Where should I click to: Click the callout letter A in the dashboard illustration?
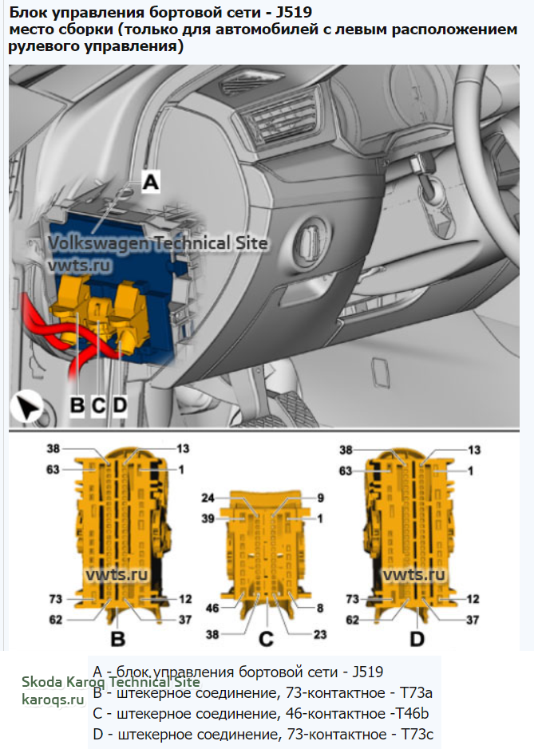pos(150,182)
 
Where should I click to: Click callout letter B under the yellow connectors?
pos(77,405)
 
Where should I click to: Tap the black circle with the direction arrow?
pos(27,409)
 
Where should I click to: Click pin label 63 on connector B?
pos(53,471)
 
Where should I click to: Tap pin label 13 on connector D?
pos(475,450)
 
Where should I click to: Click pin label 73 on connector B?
pos(56,598)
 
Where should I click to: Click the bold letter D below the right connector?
pos(417,638)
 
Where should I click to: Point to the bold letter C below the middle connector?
pos(266,638)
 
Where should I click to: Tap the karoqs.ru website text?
pos(53,700)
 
